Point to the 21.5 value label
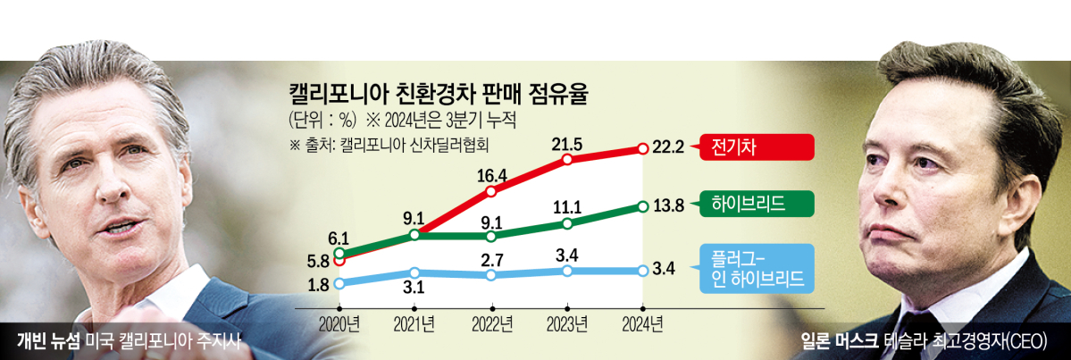click(x=570, y=143)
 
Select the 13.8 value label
click(x=668, y=206)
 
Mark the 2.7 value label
click(x=493, y=259)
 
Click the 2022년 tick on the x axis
click(x=492, y=322)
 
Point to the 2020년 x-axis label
click(x=340, y=322)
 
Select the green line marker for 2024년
click(x=643, y=206)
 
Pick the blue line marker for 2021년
click(x=415, y=272)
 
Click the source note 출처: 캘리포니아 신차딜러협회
click(x=390, y=141)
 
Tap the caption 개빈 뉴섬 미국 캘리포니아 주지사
click(x=130, y=341)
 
